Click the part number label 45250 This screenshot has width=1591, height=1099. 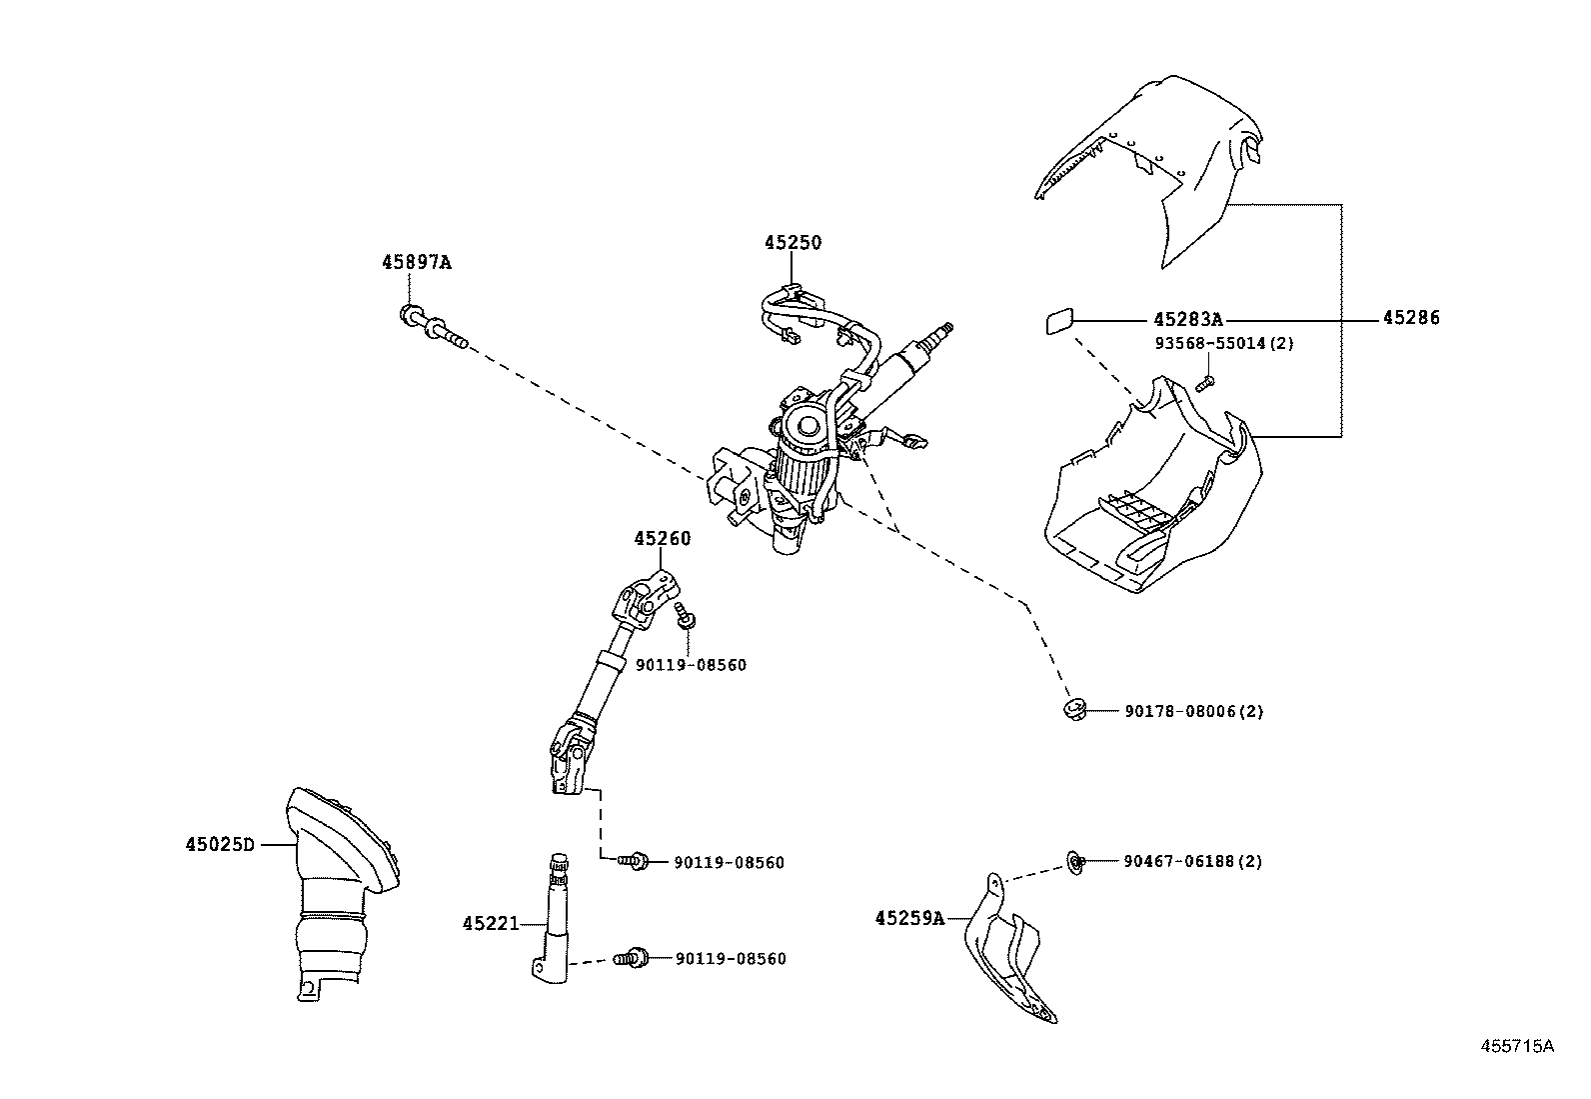tap(793, 243)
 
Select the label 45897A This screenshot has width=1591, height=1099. tap(416, 263)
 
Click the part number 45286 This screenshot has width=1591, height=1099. tap(1411, 319)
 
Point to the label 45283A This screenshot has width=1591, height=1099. tap(1187, 320)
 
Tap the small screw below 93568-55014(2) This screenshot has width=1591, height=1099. tap(1204, 381)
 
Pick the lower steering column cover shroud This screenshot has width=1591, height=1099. tap(1149, 500)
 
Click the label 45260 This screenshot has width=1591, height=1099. tap(662, 539)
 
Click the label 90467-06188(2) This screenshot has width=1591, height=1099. tap(1192, 861)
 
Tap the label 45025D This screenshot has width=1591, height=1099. tap(219, 844)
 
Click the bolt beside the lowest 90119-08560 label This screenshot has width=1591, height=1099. tap(633, 958)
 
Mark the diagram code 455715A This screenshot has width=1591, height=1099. tap(1517, 1046)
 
